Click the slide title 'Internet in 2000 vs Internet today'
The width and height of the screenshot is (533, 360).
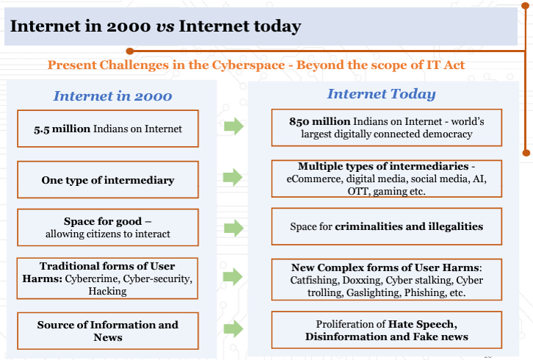tap(156, 27)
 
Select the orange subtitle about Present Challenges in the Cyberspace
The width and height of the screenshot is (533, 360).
tap(256, 65)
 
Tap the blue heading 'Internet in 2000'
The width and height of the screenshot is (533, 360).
tap(112, 96)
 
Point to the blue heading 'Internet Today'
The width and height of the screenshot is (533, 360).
tap(381, 94)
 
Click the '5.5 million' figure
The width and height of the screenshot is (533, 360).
tap(62, 129)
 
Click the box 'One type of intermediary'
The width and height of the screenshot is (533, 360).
tap(108, 180)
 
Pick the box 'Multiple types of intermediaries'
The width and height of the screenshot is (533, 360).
tap(386, 179)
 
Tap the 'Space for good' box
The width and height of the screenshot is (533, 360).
tap(108, 227)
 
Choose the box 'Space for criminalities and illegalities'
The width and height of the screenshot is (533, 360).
tap(386, 226)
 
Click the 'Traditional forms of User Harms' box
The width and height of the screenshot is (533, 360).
tap(108, 278)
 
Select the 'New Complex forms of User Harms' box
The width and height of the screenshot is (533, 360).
tap(386, 278)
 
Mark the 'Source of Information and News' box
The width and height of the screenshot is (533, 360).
tap(108, 331)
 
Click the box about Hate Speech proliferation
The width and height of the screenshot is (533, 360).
tap(386, 331)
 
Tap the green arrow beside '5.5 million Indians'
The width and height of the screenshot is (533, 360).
tap(233, 127)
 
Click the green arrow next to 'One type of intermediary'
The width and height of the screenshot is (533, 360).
tap(233, 177)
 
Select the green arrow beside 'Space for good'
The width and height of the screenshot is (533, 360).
tap(233, 227)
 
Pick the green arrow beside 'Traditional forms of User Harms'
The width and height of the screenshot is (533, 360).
tap(233, 277)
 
